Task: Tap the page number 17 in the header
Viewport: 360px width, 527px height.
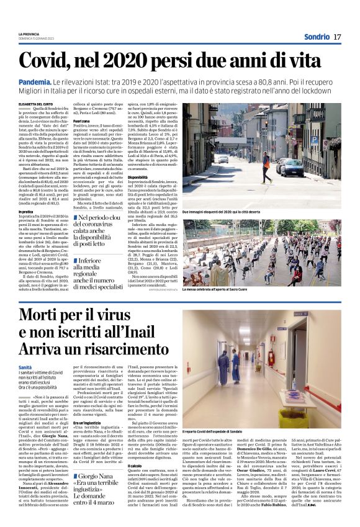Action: (337, 37)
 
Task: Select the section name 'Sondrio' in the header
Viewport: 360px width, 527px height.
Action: (317, 37)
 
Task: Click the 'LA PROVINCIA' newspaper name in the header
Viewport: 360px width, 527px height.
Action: (29, 34)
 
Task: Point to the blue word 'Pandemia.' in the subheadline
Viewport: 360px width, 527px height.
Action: (35, 81)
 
